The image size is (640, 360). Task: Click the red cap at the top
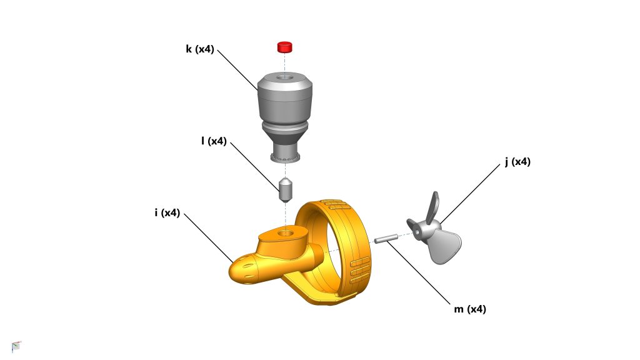pyautogui.click(x=285, y=47)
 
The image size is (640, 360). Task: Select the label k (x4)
pyautogui.click(x=200, y=49)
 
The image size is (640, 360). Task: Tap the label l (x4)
pyautogui.click(x=214, y=141)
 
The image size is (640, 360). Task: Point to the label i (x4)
pyautogui.click(x=167, y=212)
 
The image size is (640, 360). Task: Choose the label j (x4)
pyautogui.click(x=517, y=162)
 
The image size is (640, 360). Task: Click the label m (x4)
pyautogui.click(x=470, y=309)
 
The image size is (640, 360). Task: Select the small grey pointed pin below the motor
pyautogui.click(x=285, y=190)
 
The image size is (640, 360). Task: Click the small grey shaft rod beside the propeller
pyautogui.click(x=386, y=238)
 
